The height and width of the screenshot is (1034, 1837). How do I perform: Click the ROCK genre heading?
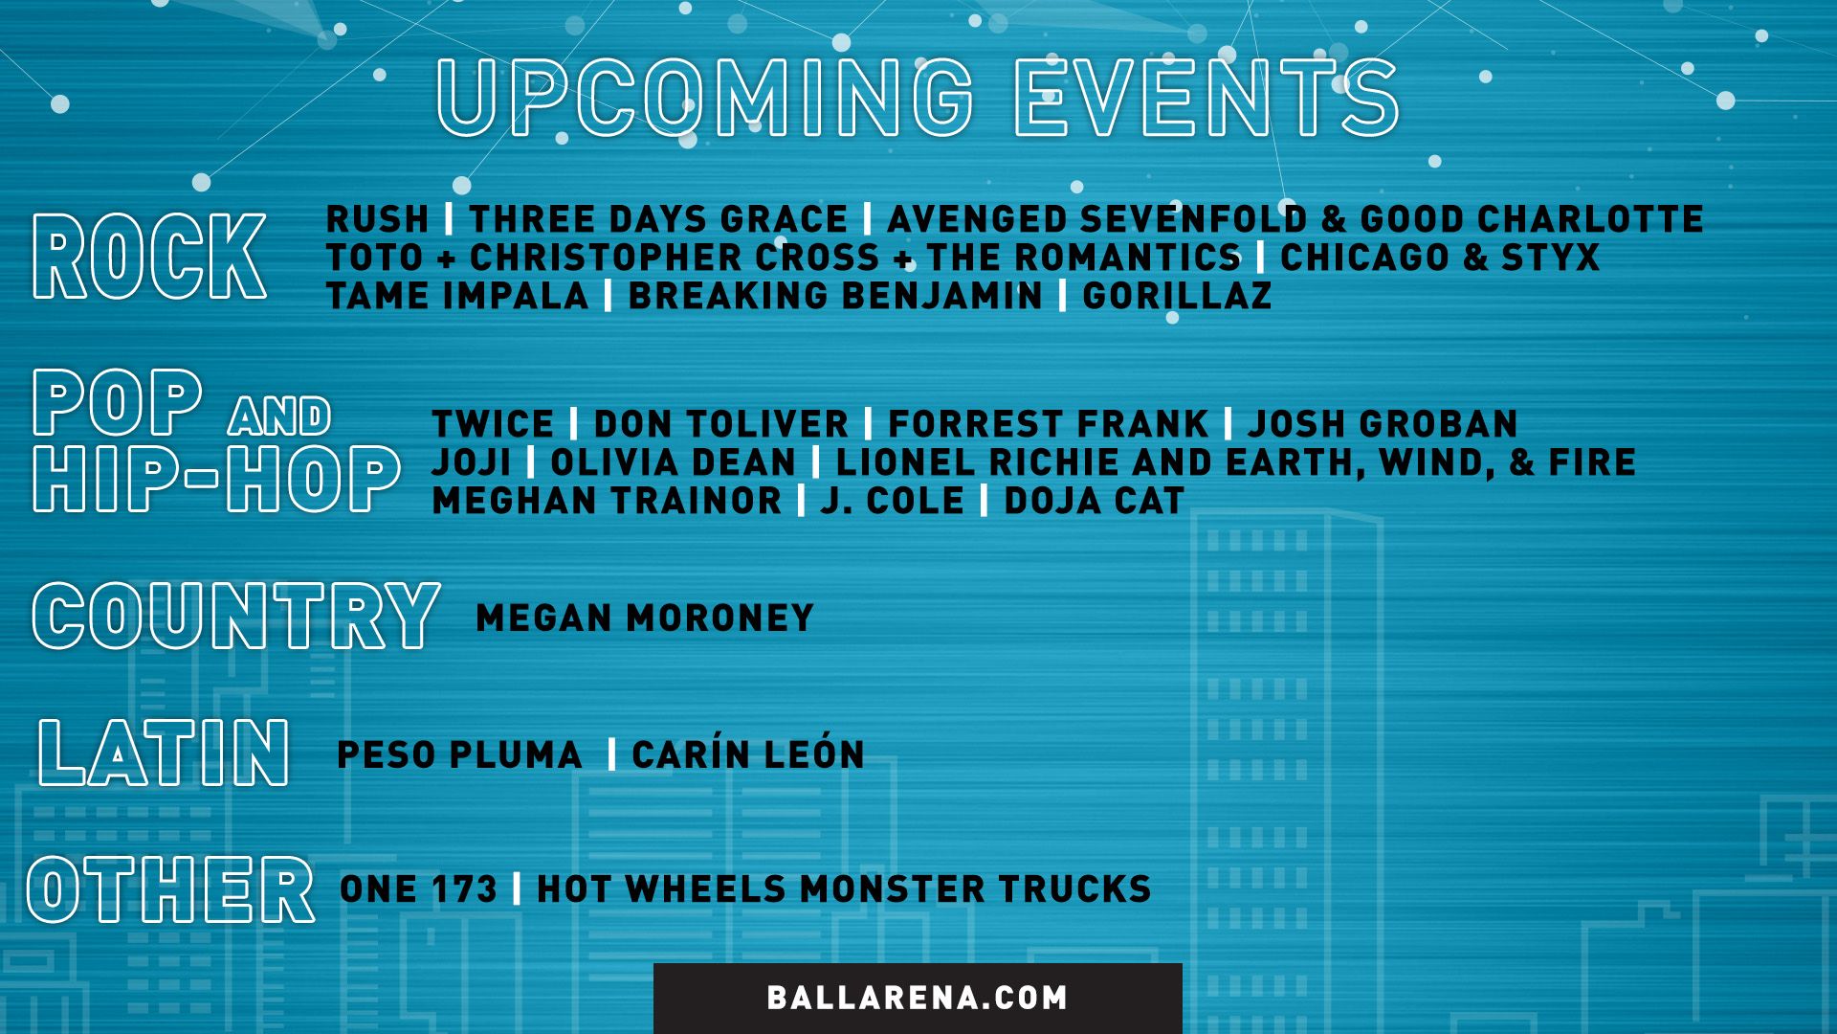(149, 256)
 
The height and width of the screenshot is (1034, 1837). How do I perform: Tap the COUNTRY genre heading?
(236, 616)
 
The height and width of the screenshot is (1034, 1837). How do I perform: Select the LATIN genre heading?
(164, 753)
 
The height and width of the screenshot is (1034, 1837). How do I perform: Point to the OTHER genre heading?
(170, 889)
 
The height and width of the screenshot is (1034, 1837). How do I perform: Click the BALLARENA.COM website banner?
(918, 998)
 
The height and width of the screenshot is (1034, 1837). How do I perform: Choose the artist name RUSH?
(377, 219)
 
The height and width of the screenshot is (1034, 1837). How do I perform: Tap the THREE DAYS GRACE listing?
(658, 219)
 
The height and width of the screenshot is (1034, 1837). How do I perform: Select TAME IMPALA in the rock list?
(457, 296)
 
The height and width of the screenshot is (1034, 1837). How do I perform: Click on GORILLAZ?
(1177, 296)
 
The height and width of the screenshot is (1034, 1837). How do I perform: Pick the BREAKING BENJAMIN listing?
(835, 296)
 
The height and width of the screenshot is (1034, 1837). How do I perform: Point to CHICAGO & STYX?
(1440, 258)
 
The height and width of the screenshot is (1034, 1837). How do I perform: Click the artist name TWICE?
(493, 424)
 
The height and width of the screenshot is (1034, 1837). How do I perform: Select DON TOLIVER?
(721, 424)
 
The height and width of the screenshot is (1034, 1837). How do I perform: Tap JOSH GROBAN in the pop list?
(1383, 424)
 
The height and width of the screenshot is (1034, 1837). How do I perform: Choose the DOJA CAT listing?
(1095, 501)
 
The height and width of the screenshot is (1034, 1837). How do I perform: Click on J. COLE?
(893, 501)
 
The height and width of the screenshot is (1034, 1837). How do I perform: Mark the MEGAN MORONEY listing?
(645, 618)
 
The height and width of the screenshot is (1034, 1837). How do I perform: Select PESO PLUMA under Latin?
(459, 754)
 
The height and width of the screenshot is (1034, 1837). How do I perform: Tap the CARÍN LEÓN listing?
(748, 754)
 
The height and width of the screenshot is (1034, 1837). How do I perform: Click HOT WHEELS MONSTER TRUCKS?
(844, 889)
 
